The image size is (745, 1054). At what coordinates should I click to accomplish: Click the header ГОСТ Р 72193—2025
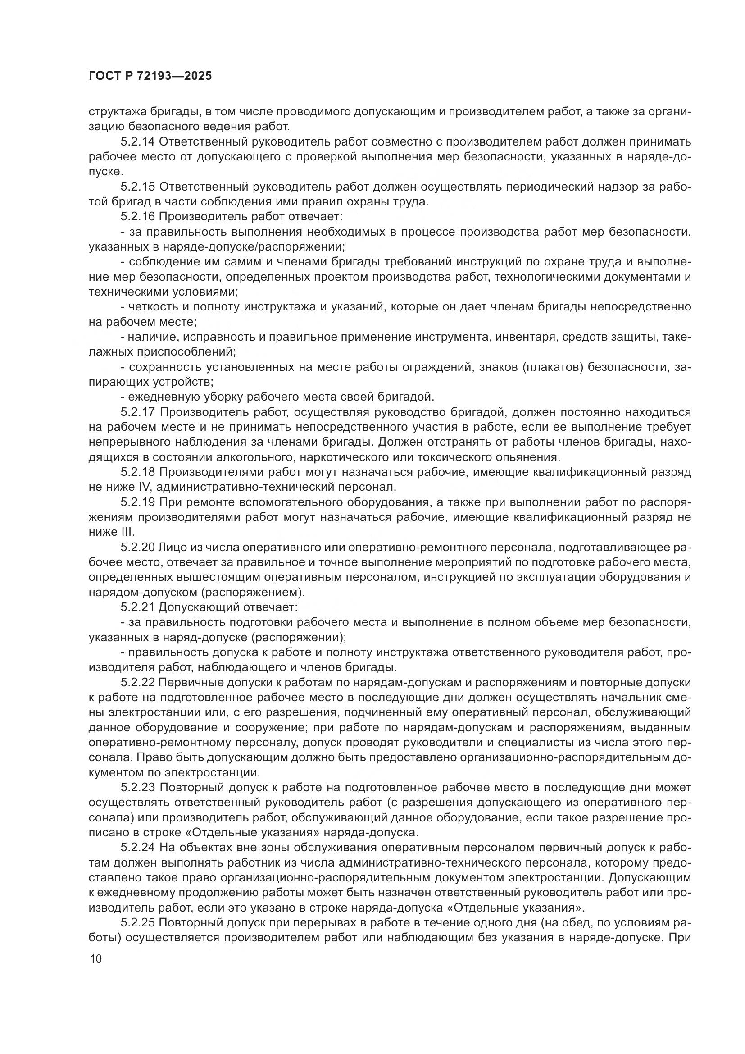150,76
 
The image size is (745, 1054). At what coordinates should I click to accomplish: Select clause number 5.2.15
138,187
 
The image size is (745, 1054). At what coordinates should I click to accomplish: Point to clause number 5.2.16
138,217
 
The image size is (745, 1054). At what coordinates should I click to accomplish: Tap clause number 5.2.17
138,412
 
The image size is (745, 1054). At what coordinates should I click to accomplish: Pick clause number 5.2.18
138,472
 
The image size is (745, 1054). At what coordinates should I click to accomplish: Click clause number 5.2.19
138,502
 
